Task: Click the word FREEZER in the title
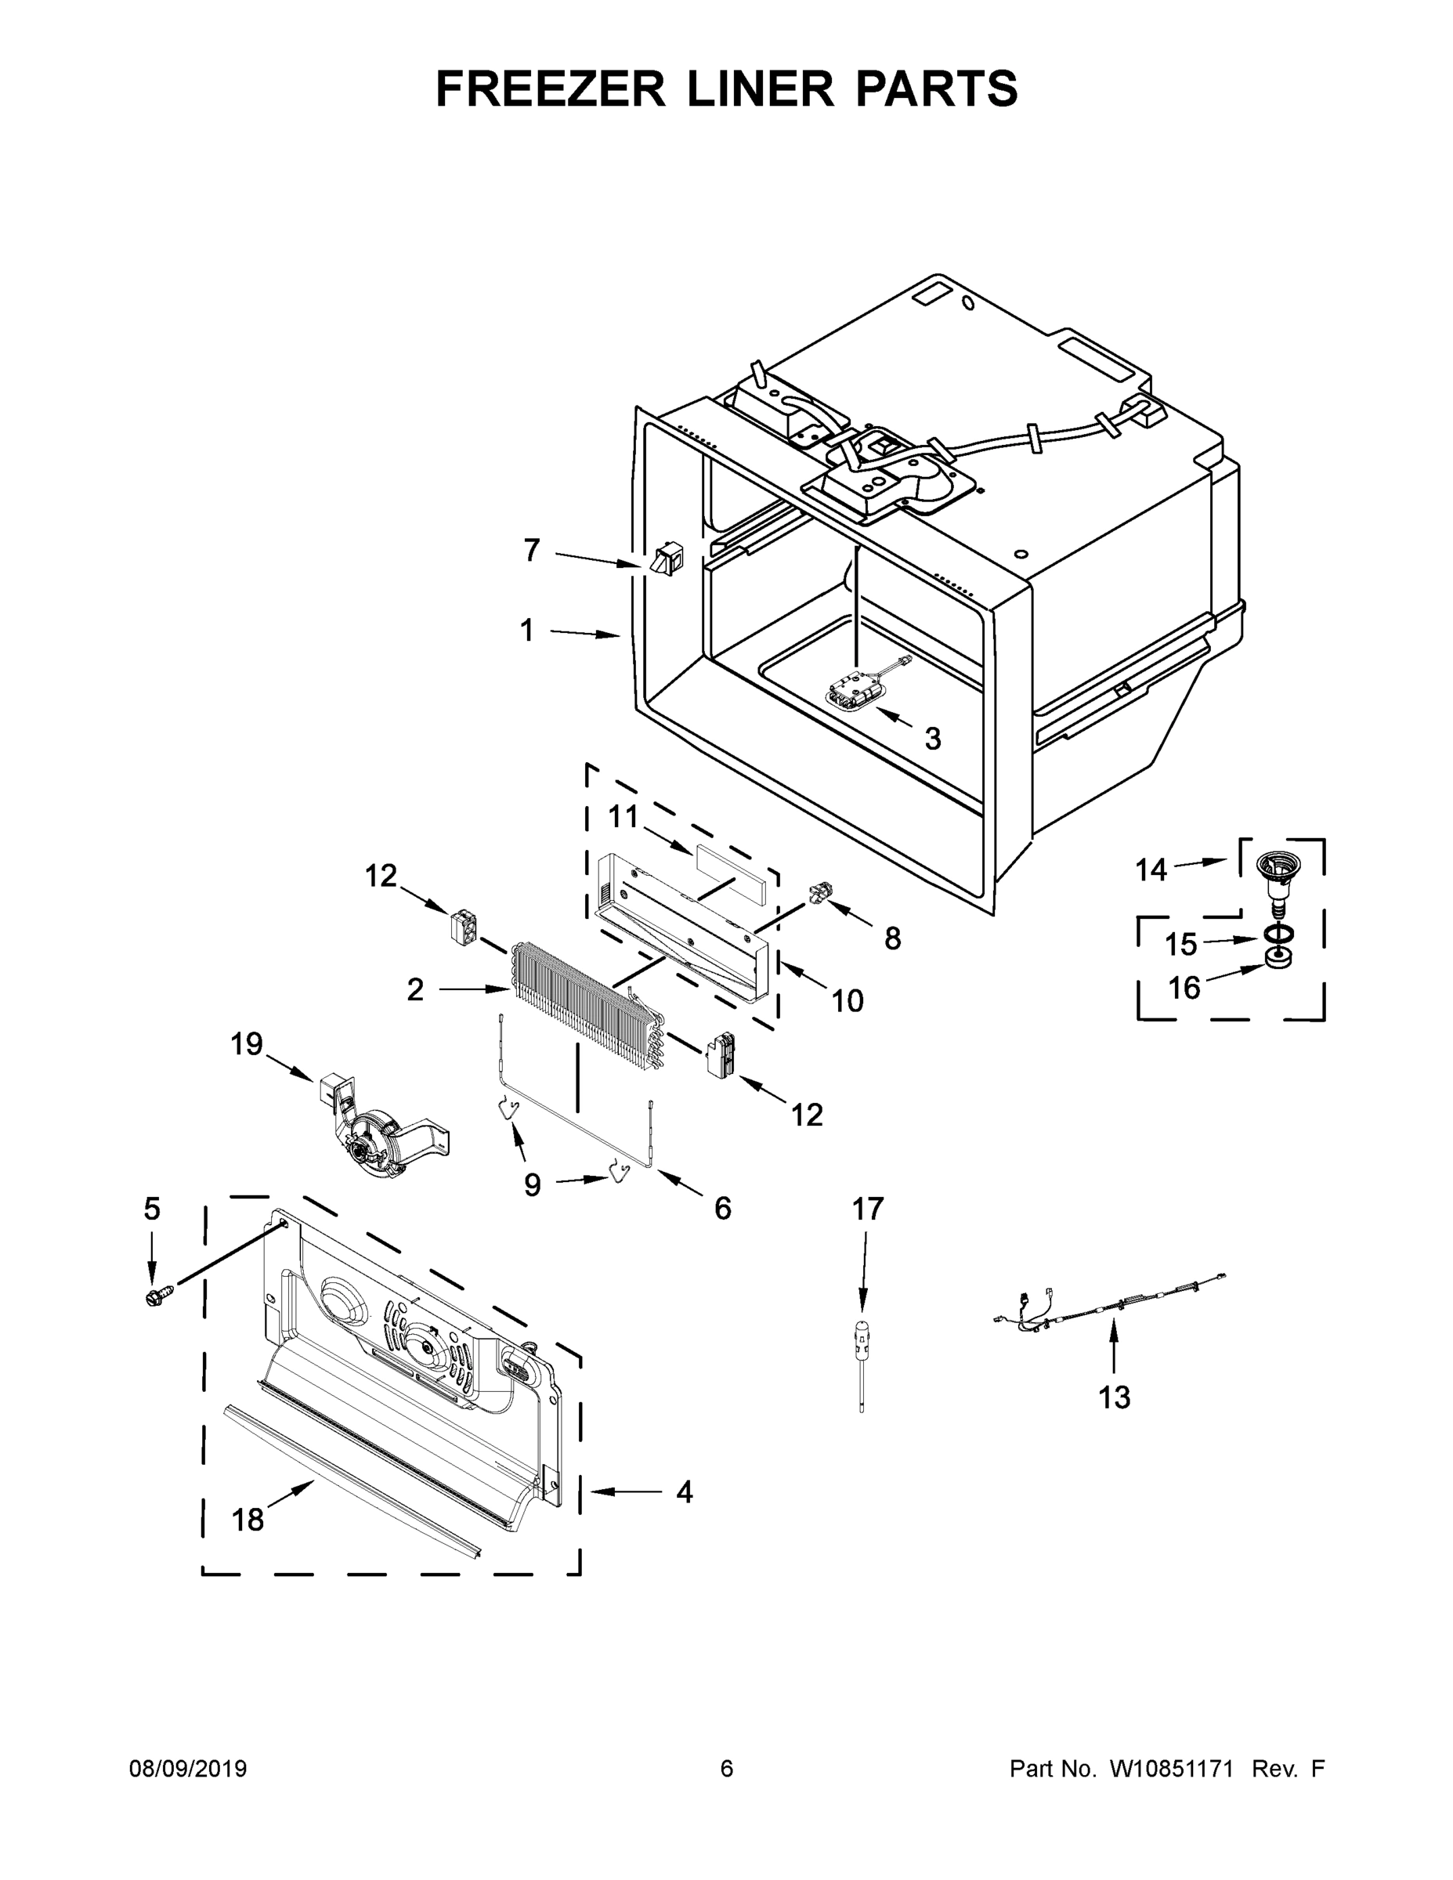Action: pos(551,89)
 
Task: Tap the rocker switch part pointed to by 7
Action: pos(664,559)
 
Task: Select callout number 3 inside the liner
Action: pos(932,738)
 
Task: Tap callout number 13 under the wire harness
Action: pos(1114,1397)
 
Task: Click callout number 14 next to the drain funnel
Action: pos(1150,869)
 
